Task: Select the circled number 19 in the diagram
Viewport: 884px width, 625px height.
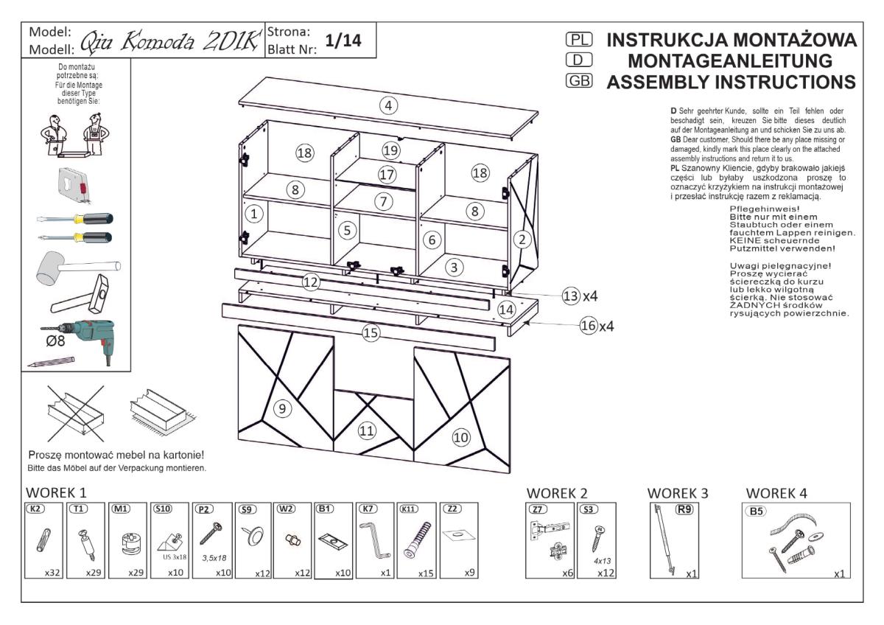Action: [x=390, y=150]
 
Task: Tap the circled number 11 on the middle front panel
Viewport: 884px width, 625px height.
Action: [x=367, y=430]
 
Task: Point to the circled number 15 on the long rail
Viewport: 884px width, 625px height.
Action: [x=371, y=333]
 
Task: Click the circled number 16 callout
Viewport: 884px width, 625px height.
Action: [x=589, y=326]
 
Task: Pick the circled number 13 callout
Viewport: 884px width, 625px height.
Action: [x=570, y=296]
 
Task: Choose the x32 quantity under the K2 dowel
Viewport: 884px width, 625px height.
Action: [x=51, y=573]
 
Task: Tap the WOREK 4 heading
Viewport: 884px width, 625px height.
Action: [x=778, y=492]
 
